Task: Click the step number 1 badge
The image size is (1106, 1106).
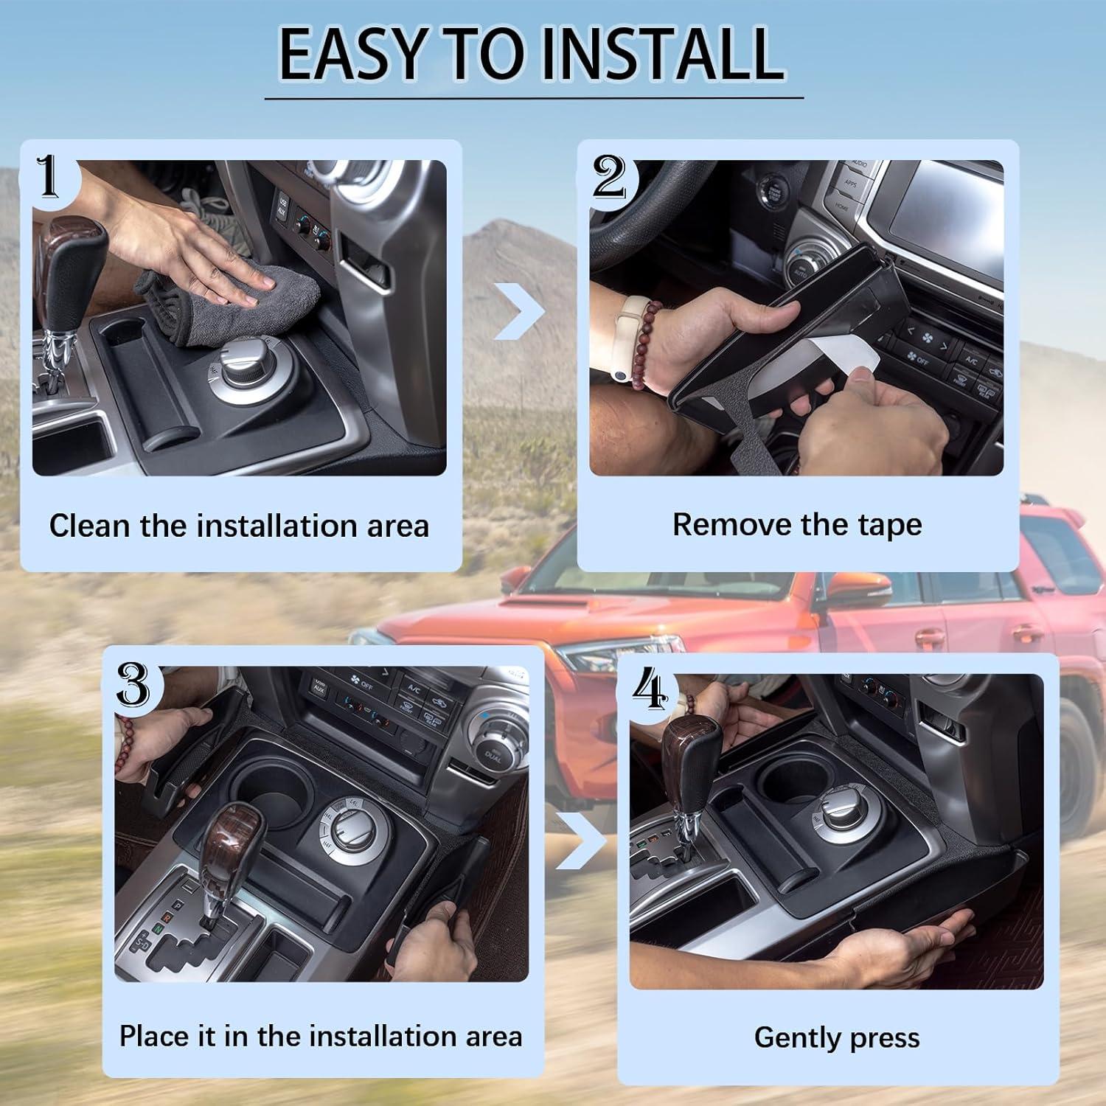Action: [x=49, y=177]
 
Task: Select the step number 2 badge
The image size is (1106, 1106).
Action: [x=610, y=178]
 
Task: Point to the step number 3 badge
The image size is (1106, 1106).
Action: [x=133, y=684]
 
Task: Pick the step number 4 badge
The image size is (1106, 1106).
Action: [x=650, y=692]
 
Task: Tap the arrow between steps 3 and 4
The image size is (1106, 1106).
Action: [x=582, y=841]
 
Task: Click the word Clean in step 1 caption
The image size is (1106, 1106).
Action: [x=91, y=526]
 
